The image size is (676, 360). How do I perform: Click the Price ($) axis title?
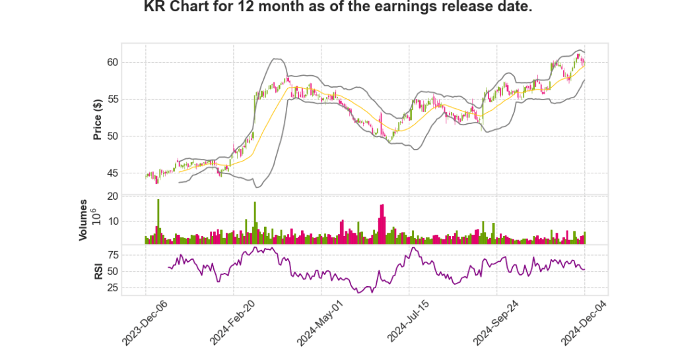[98, 119]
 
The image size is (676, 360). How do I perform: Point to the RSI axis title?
[98, 271]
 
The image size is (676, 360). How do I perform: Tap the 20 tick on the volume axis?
[130, 196]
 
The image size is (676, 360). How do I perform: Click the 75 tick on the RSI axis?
[130, 255]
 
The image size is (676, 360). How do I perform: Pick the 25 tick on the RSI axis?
[130, 287]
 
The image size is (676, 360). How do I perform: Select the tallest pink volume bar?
[382, 224]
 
